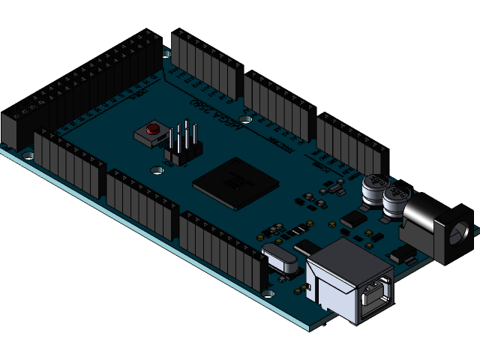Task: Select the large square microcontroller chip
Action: [235, 182]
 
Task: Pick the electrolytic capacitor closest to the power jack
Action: [394, 202]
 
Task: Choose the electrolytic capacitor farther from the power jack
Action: [374, 189]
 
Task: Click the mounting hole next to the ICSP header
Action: [158, 170]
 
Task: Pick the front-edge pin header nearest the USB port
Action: [223, 251]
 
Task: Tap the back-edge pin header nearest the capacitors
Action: [350, 144]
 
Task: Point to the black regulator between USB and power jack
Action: [403, 255]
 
